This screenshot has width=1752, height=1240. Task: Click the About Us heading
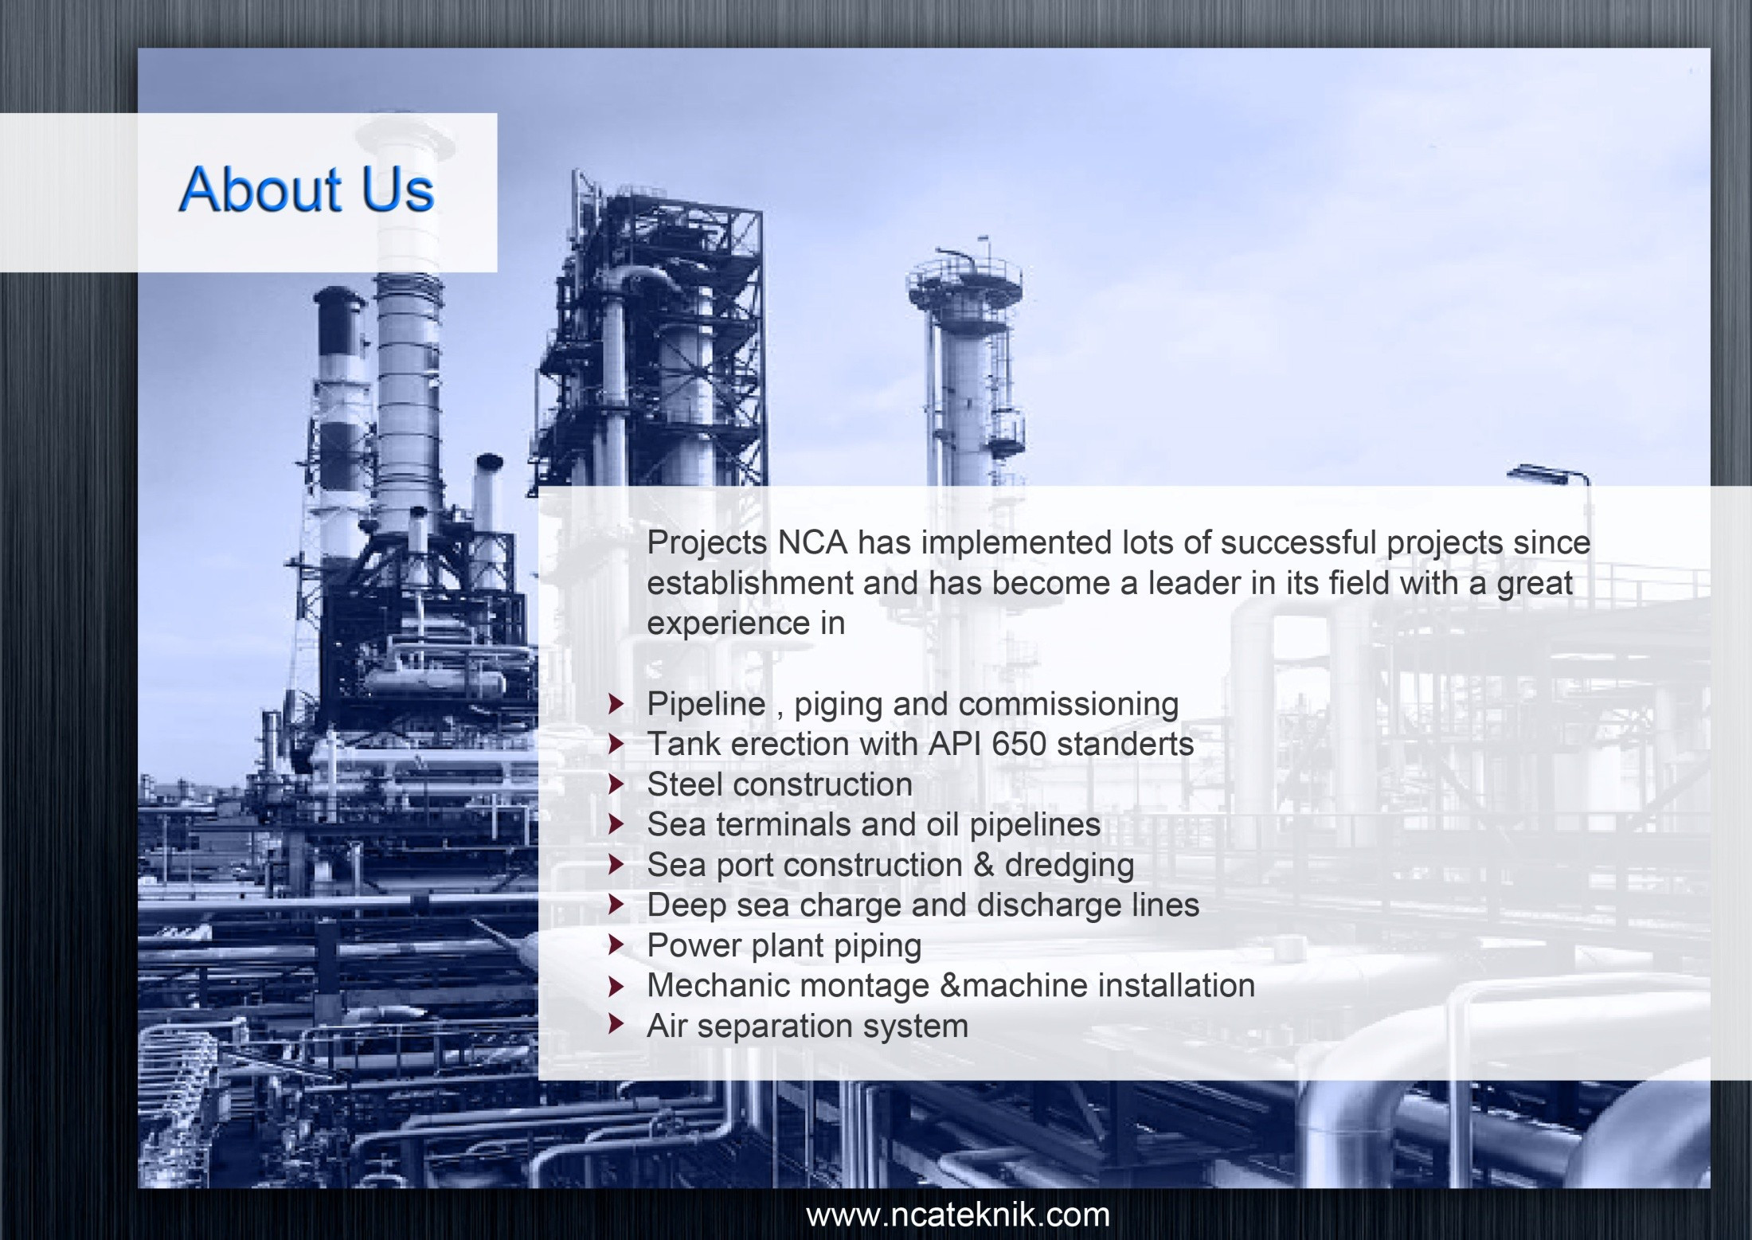point(307,190)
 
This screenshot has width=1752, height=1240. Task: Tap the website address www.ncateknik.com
point(958,1215)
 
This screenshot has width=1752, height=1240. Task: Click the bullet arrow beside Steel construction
point(616,784)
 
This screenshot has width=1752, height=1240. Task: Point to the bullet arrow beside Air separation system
point(616,1024)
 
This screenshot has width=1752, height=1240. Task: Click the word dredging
point(1070,866)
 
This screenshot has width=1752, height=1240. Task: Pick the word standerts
point(1125,744)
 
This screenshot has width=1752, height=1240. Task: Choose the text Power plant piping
point(784,946)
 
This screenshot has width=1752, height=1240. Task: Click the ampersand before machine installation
point(951,985)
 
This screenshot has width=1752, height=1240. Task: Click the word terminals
point(784,824)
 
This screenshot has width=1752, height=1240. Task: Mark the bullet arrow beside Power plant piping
point(616,945)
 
